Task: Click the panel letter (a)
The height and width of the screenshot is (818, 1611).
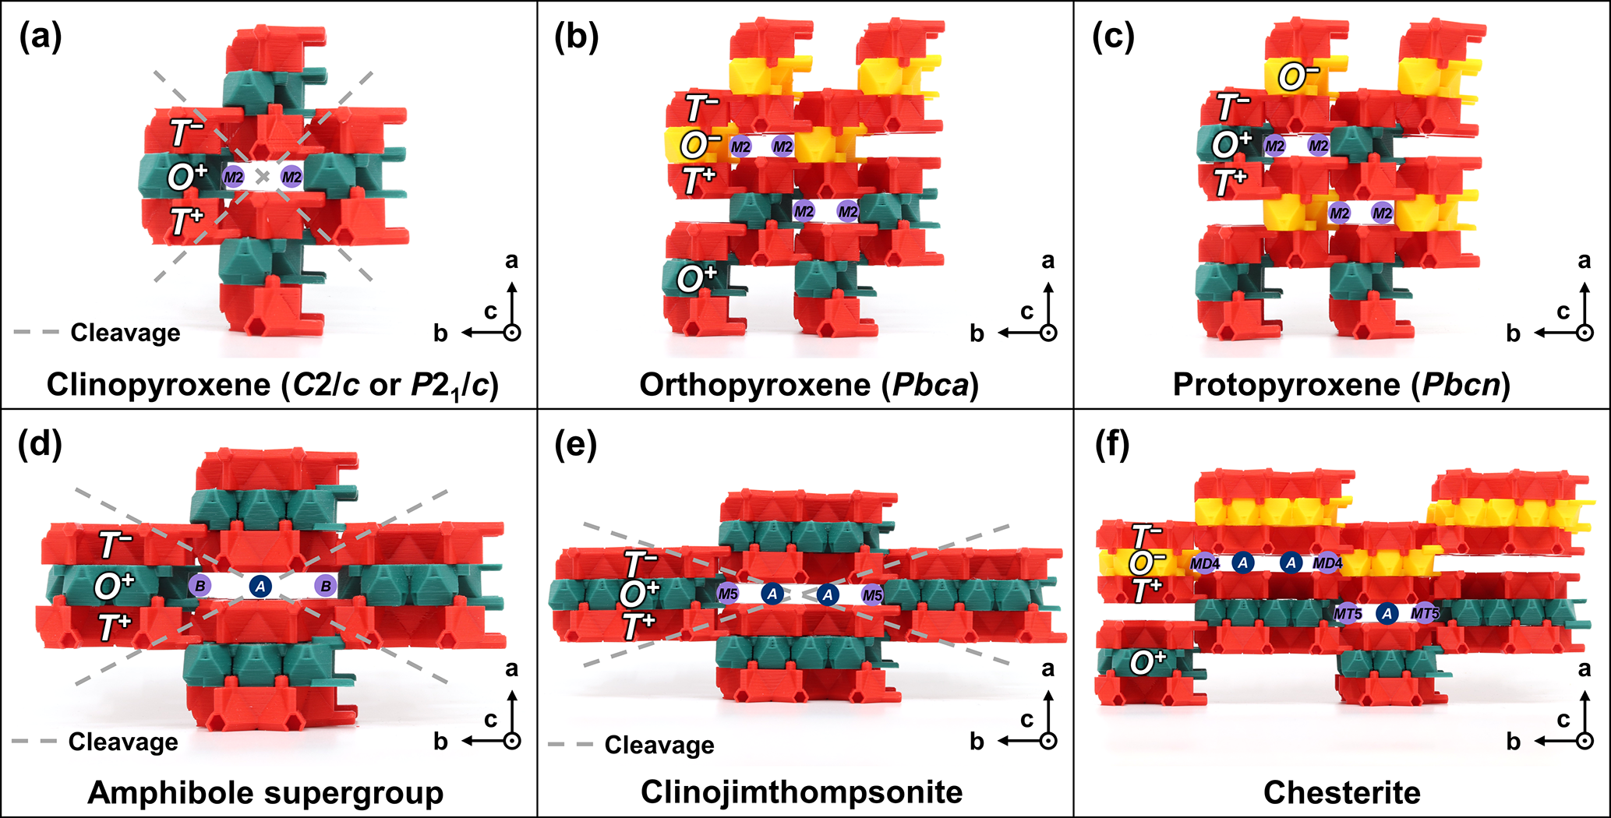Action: pos(41,37)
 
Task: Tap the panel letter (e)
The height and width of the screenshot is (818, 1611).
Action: pos(575,445)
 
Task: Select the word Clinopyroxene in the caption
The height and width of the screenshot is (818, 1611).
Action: pos(158,384)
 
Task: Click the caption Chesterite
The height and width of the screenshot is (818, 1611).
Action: pos(1342,792)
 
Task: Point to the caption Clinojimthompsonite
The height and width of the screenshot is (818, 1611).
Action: pos(802,792)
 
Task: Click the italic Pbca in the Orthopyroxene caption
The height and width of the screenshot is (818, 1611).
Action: pos(931,384)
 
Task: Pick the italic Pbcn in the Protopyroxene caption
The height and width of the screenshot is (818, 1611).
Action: pos(1462,384)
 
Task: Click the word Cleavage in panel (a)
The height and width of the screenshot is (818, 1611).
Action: pos(125,333)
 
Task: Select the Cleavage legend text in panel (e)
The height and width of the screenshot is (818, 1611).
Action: pos(659,745)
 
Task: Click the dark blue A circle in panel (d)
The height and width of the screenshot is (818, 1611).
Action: pos(260,586)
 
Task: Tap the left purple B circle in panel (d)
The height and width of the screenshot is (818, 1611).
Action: pos(200,586)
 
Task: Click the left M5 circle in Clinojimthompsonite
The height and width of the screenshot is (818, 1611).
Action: pos(728,594)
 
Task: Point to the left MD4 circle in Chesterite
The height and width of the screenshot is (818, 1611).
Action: pos(1205,563)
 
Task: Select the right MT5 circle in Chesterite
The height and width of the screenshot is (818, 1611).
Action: pos(1425,614)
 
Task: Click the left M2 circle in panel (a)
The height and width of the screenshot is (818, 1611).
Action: pos(234,178)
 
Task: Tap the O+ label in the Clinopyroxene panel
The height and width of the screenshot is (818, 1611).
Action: pos(187,178)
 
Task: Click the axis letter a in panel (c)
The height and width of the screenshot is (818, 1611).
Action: pos(1585,260)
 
